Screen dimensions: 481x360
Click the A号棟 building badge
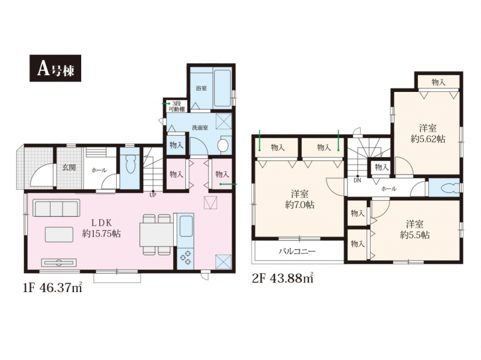55,68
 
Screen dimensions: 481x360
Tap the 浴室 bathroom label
201,88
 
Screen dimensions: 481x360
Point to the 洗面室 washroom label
200,128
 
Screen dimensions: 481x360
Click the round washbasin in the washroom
222,145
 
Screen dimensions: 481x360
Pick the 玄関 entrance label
69,168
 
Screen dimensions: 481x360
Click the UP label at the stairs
153,194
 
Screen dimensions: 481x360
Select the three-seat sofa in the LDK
56,209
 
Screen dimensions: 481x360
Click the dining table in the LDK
156,234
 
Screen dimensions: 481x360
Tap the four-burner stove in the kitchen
185,258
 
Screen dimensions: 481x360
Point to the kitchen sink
186,226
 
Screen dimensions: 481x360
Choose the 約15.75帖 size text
101,234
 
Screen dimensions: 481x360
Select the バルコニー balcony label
296,251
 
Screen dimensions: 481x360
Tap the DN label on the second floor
357,181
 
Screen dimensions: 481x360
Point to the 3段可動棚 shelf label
176,106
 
